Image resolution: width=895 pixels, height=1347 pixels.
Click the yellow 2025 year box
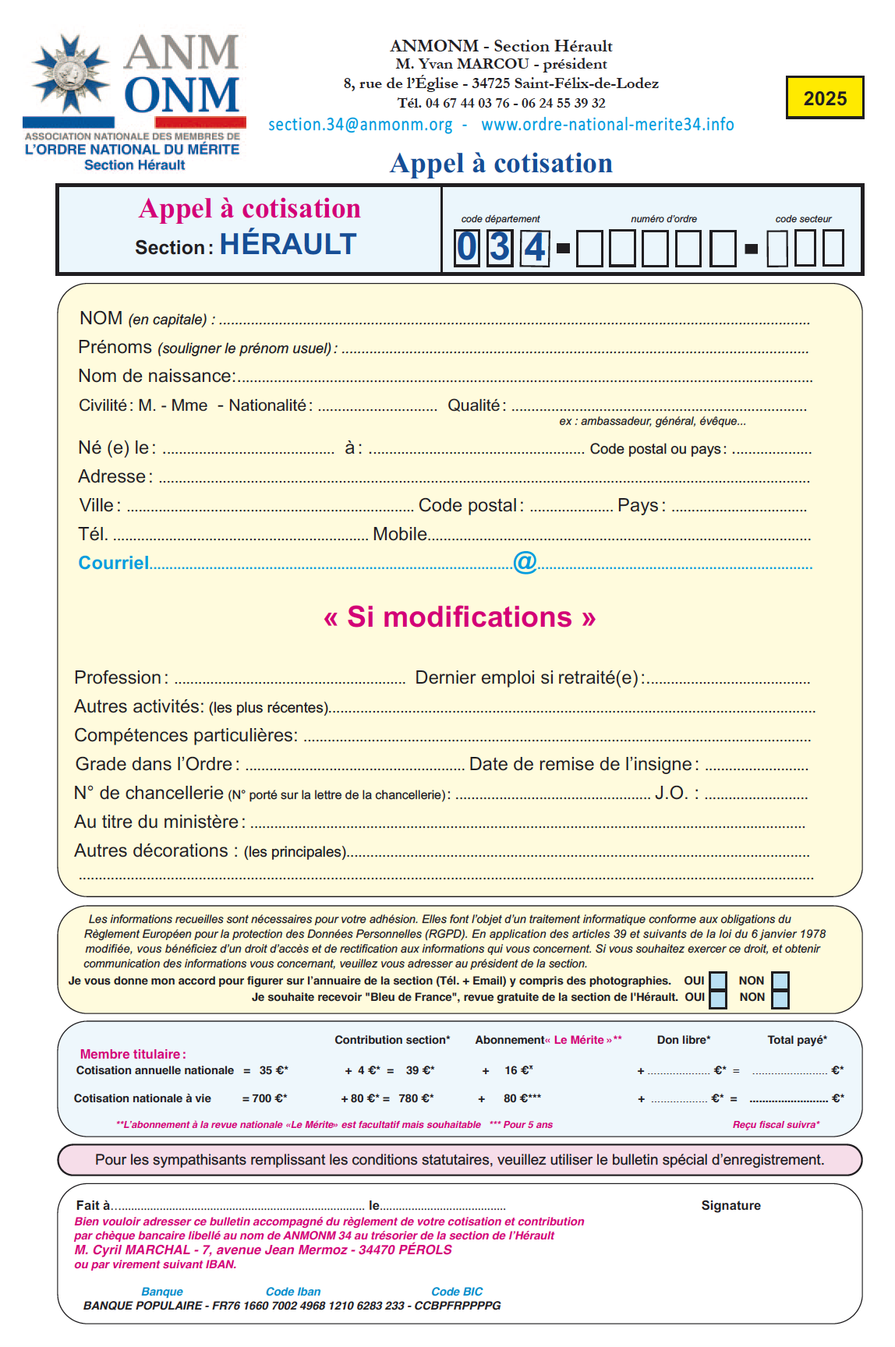click(824, 97)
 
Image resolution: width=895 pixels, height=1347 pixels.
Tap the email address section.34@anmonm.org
click(360, 125)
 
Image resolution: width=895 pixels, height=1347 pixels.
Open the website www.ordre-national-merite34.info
click(607, 125)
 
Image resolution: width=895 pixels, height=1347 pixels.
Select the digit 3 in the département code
click(500, 247)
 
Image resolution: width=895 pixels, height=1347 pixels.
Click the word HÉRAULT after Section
click(288, 245)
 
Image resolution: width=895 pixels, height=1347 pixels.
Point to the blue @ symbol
click(525, 561)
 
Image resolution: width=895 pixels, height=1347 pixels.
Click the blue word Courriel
click(114, 563)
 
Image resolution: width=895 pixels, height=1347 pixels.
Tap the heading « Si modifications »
click(459, 617)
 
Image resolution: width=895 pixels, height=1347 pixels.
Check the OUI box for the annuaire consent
click(718, 981)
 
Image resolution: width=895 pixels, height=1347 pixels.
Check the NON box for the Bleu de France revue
click(780, 998)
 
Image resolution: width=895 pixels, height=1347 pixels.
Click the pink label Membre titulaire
click(133, 1054)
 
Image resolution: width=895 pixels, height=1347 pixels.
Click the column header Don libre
click(683, 1040)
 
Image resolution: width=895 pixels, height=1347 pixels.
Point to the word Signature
click(731, 1205)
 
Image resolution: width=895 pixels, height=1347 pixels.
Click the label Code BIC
click(457, 1292)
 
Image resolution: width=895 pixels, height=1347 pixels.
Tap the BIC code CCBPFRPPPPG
click(458, 1306)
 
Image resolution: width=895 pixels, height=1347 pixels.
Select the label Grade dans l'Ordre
click(157, 764)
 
